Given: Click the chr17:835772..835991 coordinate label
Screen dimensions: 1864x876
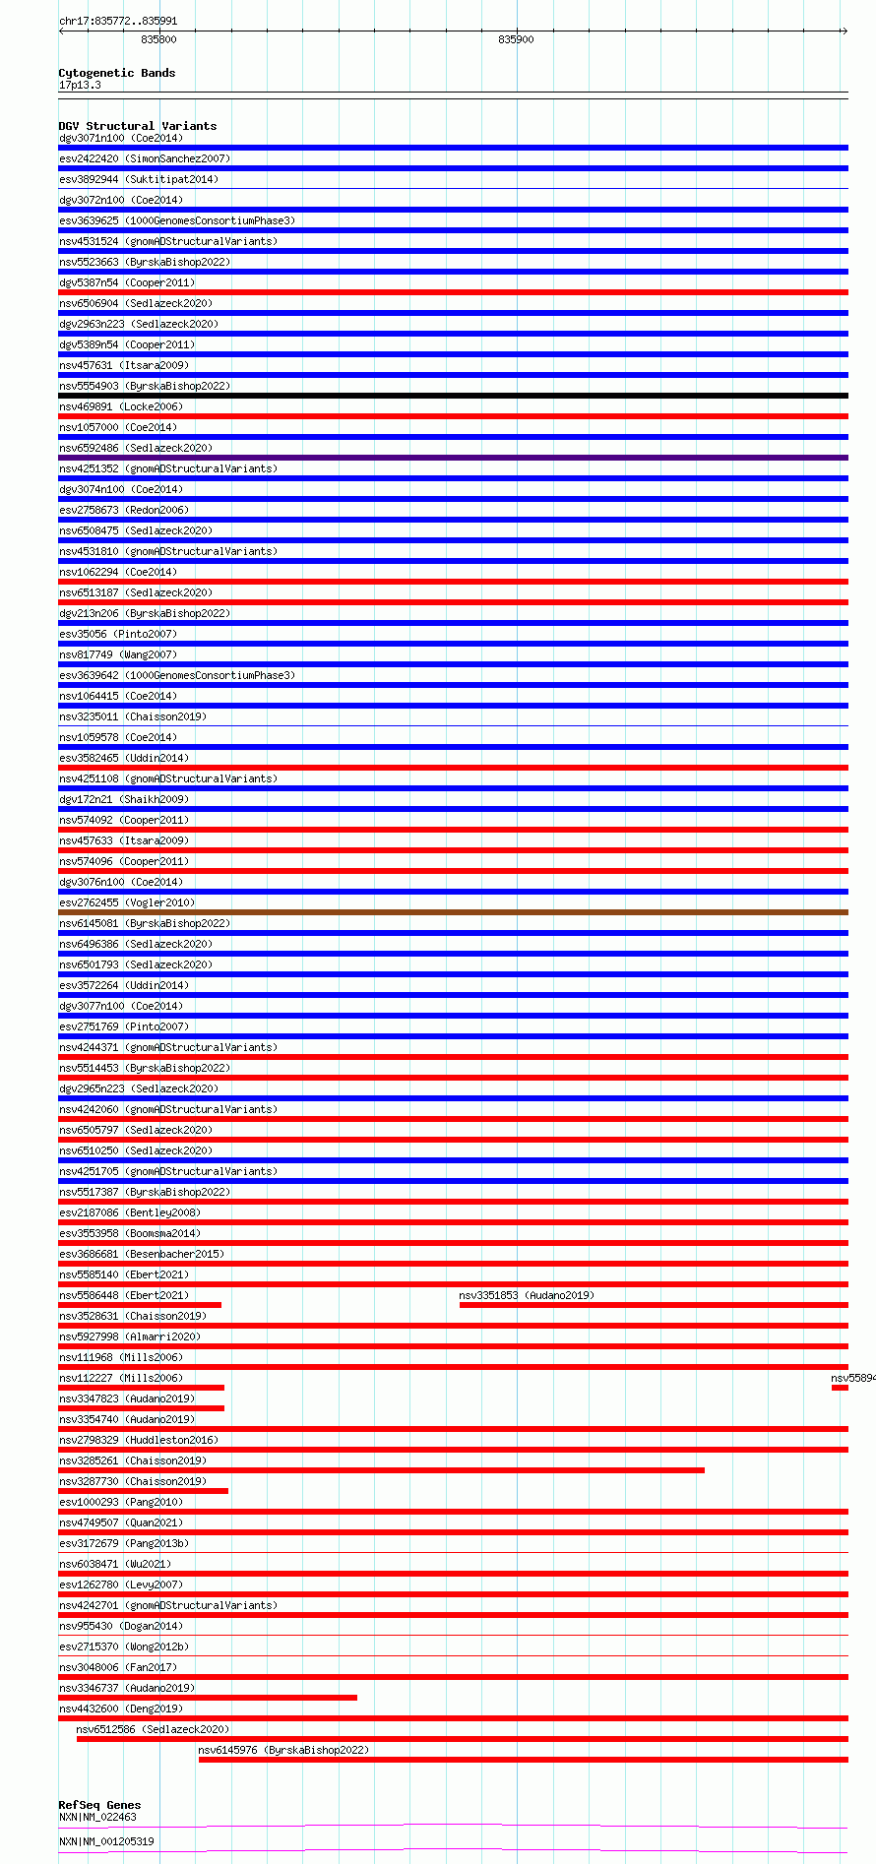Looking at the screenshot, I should pos(118,21).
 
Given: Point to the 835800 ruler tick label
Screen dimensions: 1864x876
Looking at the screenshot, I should pos(158,39).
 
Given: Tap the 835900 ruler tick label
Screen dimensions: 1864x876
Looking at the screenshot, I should pos(516,39).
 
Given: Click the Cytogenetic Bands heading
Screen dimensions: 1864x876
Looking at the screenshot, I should pos(116,73).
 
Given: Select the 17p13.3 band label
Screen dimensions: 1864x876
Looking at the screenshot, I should pos(80,85).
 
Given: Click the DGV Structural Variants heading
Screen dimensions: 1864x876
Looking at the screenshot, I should pos(137,126).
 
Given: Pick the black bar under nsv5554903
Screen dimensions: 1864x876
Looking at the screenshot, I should pos(453,396).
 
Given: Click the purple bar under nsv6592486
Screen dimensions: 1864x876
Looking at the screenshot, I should pos(453,458).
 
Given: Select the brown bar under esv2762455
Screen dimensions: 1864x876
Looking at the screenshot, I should pos(453,912).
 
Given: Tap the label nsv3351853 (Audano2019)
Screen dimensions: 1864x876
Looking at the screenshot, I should pos(527,1295).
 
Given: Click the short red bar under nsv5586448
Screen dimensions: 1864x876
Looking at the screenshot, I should pos(140,1305).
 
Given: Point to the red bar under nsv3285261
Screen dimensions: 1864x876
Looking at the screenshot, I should pos(381,1470).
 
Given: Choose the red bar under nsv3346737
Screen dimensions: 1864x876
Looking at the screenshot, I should pos(208,1698).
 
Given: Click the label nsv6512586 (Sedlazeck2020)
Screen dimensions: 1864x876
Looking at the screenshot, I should pos(153,1729).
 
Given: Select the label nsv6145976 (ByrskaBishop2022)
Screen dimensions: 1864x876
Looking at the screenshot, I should pos(283,1750).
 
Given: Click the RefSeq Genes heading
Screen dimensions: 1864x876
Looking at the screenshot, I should pos(99,1805).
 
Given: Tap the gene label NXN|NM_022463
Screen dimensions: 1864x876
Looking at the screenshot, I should pos(97,1817).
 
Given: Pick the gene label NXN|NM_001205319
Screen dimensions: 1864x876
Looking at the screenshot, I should pos(106,1840).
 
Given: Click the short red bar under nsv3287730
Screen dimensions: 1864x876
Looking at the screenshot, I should pos(144,1491).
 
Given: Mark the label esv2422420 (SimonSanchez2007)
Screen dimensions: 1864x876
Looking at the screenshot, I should pos(145,158).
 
